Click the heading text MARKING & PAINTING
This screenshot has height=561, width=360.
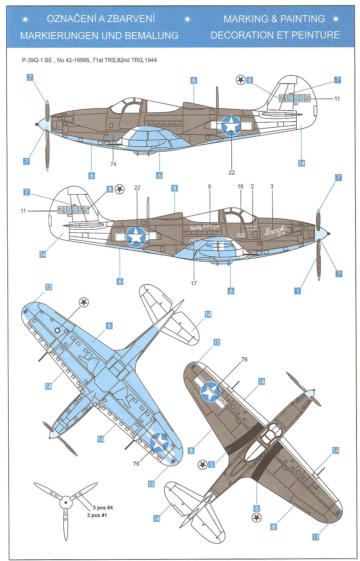click(274, 19)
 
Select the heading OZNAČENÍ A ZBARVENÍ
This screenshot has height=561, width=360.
click(101, 19)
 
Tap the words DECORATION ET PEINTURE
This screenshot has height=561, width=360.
click(275, 35)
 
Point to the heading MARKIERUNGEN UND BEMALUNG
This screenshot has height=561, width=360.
click(99, 35)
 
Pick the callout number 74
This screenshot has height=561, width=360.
click(113, 164)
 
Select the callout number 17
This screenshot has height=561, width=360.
click(194, 283)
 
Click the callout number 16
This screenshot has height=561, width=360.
click(240, 187)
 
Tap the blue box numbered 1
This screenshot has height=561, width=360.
click(298, 291)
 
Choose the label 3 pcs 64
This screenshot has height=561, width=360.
click(103, 508)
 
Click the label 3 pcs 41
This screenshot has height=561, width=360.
click(97, 515)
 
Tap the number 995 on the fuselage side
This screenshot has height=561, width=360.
click(240, 235)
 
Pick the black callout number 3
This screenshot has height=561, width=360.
click(272, 187)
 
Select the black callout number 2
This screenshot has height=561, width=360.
click(252, 187)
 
